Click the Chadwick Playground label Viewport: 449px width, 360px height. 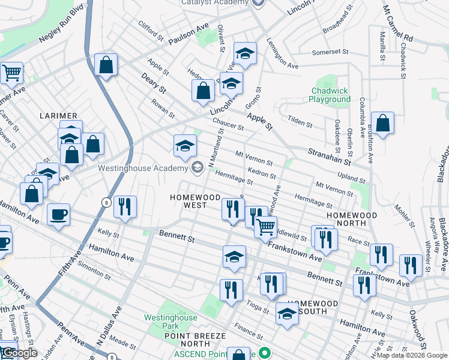pyautogui.click(x=330, y=95)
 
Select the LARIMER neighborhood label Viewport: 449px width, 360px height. pyautogui.click(x=59, y=115)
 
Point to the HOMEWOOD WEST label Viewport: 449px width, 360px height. pyautogui.click(x=188, y=201)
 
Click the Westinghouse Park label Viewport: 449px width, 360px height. pyautogui.click(x=170, y=322)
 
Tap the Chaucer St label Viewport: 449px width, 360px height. pyautogui.click(x=228, y=124)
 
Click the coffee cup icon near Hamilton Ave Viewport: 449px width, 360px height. pyautogui.click(x=58, y=215)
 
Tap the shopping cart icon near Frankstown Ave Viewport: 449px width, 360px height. pyautogui.click(x=265, y=227)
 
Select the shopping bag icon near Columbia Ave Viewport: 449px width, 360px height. pyautogui.click(x=382, y=123)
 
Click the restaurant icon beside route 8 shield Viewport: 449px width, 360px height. pyautogui.click(x=125, y=207)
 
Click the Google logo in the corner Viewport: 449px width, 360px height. pyautogui.click(x=19, y=353)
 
